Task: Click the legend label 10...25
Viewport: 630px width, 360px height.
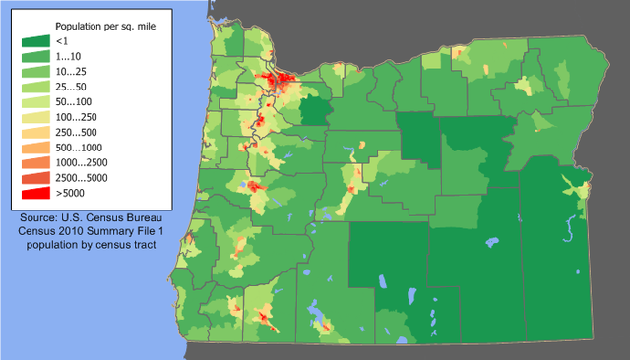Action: coord(72,72)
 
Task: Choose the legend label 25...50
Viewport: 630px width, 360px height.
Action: coord(72,87)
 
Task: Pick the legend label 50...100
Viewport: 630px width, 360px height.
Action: coord(75,101)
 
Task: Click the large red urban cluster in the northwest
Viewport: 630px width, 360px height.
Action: coord(282,81)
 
